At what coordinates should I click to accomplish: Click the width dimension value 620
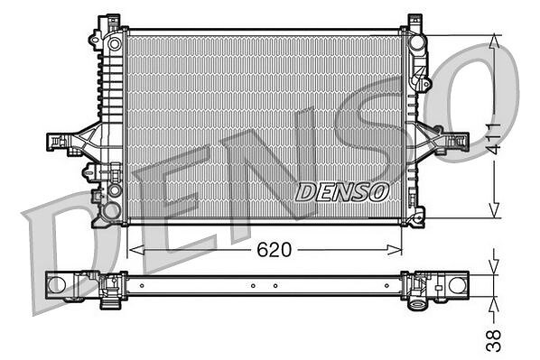[275, 250]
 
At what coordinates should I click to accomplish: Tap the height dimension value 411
[493, 138]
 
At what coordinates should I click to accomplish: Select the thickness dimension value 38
[493, 340]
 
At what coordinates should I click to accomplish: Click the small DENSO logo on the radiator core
[342, 192]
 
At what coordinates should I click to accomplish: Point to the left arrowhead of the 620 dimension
[136, 250]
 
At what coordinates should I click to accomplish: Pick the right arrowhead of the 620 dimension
[394, 250]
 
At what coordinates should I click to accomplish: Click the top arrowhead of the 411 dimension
[495, 42]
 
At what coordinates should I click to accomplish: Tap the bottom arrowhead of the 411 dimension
[495, 210]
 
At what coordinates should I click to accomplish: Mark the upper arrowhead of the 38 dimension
[494, 267]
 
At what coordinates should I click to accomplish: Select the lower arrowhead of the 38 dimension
[494, 304]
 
